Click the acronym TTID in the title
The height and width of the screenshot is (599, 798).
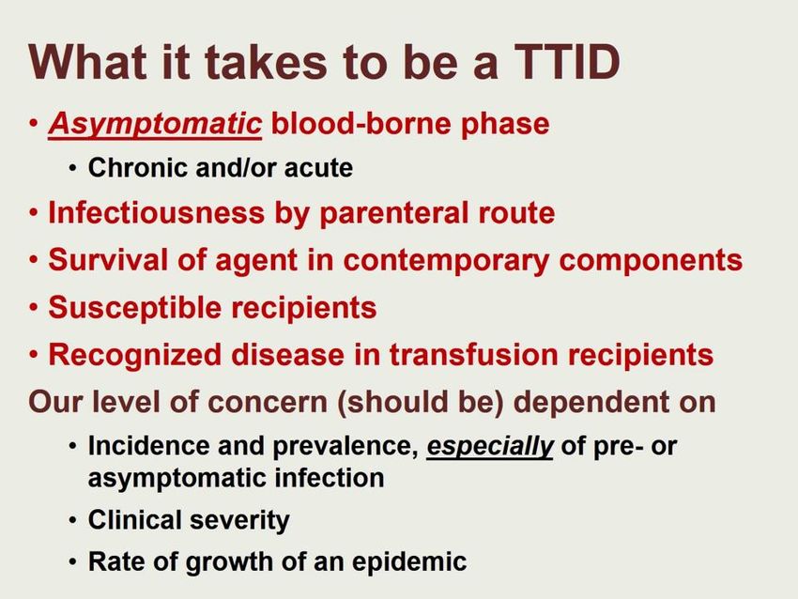coord(561,62)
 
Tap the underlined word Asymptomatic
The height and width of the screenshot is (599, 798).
coord(155,125)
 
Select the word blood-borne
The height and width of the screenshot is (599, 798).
coord(361,124)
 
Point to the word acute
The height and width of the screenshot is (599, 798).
coord(318,168)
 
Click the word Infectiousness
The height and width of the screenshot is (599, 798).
coord(157,212)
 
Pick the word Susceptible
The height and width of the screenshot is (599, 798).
coord(135,307)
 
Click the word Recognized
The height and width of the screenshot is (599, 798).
coord(135,355)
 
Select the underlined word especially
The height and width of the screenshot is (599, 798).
coord(489,446)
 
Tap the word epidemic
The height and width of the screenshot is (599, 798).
coord(409,561)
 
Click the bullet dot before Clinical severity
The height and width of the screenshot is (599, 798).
coord(74,521)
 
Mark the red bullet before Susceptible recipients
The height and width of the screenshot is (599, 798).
coord(34,308)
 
